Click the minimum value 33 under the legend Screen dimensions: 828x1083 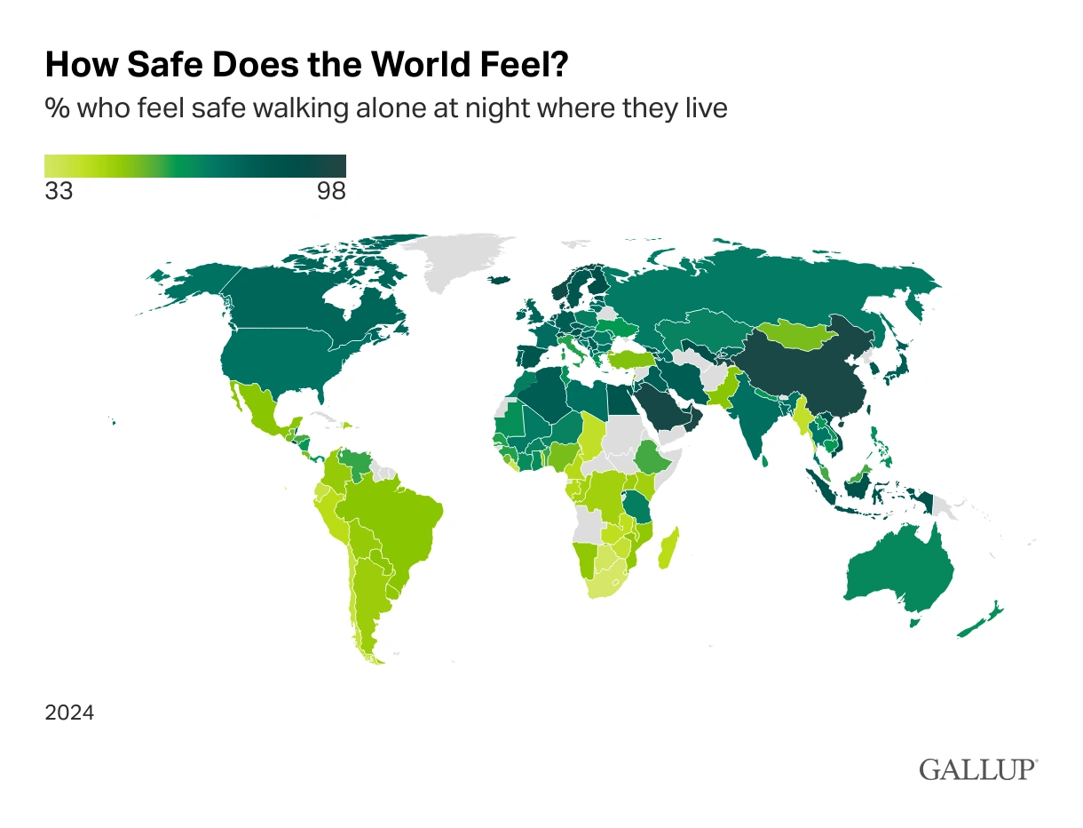tap(59, 191)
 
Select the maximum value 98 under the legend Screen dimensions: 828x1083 tap(331, 191)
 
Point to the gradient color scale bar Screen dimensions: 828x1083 tap(194, 166)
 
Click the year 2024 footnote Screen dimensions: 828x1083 tap(69, 713)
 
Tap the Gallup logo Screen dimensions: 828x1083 tap(977, 768)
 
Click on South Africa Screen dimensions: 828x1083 tap(605, 582)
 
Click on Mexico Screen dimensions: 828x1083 tap(262, 412)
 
